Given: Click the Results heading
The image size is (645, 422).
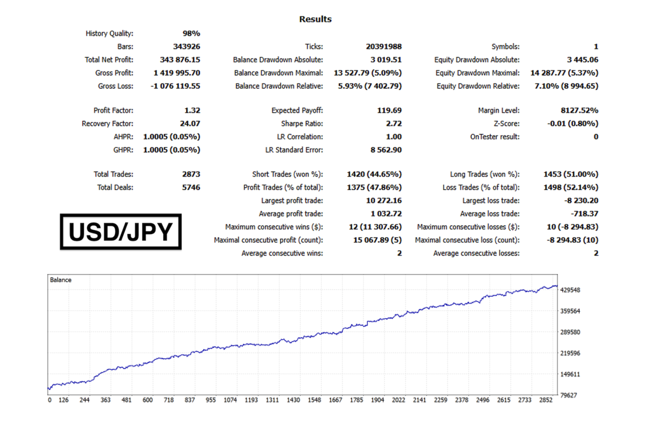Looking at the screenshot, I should tap(315, 19).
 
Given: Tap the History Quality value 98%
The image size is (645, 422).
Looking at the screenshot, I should tap(191, 34).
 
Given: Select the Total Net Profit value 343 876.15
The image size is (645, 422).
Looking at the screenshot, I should tap(180, 60).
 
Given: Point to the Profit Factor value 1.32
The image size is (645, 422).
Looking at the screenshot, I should tap(192, 111).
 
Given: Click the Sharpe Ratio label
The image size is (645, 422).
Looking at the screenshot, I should tap(302, 124).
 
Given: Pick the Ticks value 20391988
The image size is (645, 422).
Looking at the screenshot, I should tap(383, 46).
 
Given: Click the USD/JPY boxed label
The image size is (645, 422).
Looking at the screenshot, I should tap(121, 232).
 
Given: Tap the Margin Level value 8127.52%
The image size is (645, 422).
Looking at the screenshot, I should tap(579, 111).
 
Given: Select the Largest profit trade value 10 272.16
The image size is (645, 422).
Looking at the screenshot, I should tap(383, 201).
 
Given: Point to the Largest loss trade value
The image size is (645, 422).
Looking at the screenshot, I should tap(581, 201).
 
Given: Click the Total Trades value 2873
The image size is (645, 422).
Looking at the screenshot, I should tap(191, 174).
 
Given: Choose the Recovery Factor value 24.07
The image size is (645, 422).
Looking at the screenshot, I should tap(190, 124).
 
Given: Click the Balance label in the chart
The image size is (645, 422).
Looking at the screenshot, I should tap(61, 280).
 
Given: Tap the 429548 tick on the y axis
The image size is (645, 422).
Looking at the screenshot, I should tap(570, 290).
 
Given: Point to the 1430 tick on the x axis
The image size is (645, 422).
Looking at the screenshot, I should tap(293, 400).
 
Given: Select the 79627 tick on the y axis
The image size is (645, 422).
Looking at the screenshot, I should tap(568, 395).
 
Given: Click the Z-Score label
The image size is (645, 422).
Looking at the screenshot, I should tap(506, 124).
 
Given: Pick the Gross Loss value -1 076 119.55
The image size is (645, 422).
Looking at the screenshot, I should tap(175, 86).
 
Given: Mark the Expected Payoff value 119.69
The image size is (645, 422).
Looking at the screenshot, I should tap(389, 111).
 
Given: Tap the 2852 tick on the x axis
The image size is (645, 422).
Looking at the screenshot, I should tap(546, 400).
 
